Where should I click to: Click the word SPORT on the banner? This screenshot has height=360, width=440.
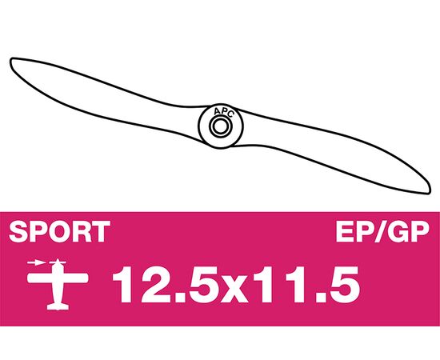point(59,231)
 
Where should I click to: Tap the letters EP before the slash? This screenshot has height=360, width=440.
point(353,231)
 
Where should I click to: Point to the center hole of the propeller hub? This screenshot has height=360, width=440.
point(221,126)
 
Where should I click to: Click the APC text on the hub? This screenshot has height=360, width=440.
point(223,112)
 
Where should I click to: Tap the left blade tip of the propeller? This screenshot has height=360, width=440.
point(11,60)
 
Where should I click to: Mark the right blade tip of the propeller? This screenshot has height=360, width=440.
point(429,191)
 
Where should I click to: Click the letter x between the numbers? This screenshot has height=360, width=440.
point(233,290)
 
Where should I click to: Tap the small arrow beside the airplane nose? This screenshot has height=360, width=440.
point(36,263)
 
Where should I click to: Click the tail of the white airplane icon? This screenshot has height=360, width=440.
point(58,306)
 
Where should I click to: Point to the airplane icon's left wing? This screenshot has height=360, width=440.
point(40,278)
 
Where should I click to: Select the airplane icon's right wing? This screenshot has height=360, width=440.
point(75,278)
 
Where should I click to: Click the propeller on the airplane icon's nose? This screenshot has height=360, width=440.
point(58,262)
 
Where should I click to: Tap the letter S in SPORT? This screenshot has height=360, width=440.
point(18,231)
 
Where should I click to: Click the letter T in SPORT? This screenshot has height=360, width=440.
point(101,231)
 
